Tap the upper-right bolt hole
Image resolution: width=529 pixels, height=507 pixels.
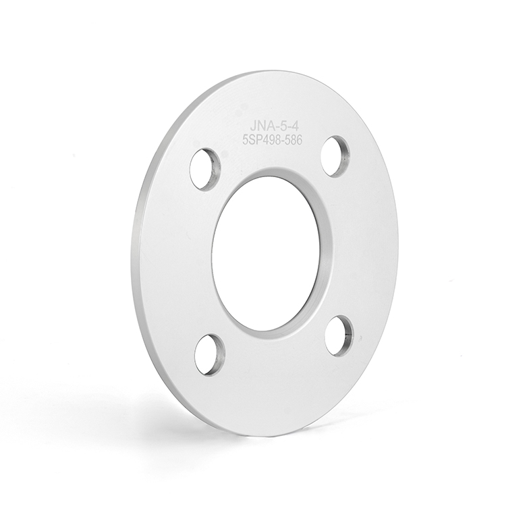pos(335,157)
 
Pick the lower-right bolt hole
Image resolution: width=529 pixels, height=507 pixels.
pos(340,335)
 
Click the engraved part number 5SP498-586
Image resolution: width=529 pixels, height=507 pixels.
pos(273,139)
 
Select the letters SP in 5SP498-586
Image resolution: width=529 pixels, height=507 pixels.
pos(256,141)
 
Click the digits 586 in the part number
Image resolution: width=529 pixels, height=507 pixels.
pos(293,139)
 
